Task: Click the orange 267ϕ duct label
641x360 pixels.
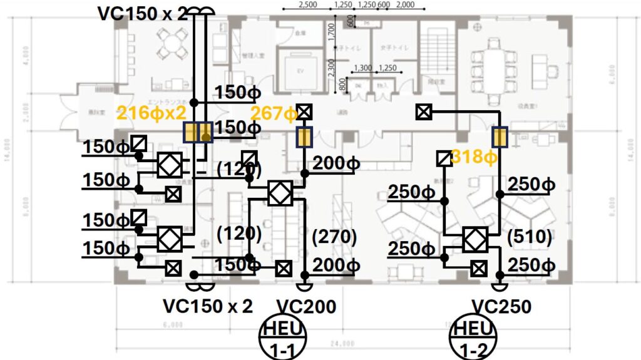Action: [x=274, y=113]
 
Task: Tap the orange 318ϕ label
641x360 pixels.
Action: [x=474, y=157]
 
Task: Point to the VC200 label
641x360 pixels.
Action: [x=306, y=307]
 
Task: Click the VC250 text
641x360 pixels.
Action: [x=501, y=307]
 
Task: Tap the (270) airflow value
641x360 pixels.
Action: [x=334, y=237]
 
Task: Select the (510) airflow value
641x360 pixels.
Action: [x=530, y=237]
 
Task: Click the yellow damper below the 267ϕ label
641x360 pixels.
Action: [x=305, y=137]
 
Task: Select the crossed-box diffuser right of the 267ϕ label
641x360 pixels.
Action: [x=305, y=112]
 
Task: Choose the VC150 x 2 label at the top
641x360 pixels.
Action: [x=142, y=14]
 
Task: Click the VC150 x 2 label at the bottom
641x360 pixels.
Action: [x=208, y=307]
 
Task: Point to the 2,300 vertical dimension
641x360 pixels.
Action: [x=332, y=65]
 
